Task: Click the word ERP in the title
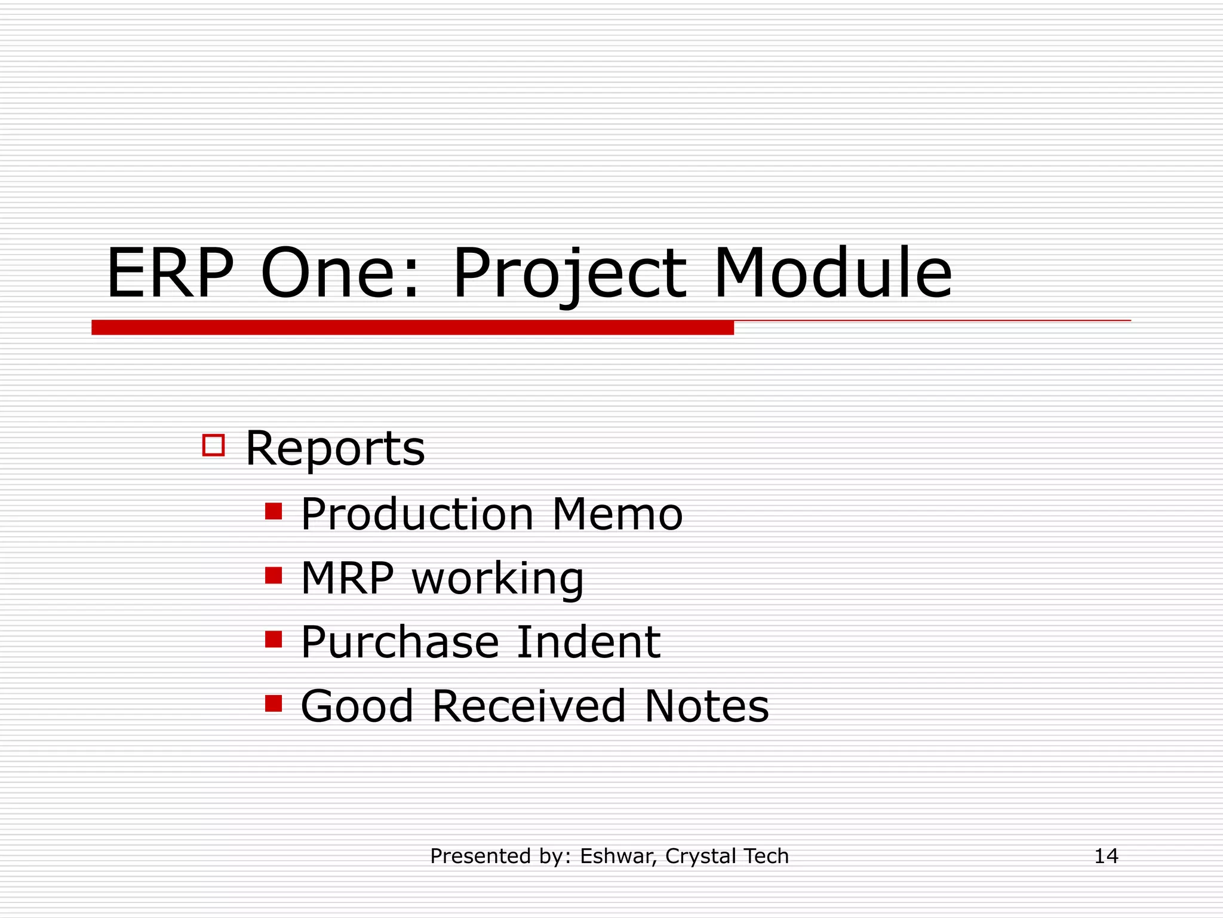click(170, 274)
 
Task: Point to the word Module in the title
click(832, 274)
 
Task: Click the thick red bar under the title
click(412, 328)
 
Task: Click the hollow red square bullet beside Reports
click(213, 445)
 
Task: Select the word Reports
click(335, 448)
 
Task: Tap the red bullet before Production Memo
click(274, 512)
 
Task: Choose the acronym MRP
click(348, 578)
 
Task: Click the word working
click(498, 580)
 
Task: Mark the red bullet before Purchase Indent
click(274, 639)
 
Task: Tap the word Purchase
click(400, 642)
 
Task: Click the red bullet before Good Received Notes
click(274, 703)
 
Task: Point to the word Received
click(528, 706)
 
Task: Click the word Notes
click(707, 706)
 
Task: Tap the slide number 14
click(1106, 856)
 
